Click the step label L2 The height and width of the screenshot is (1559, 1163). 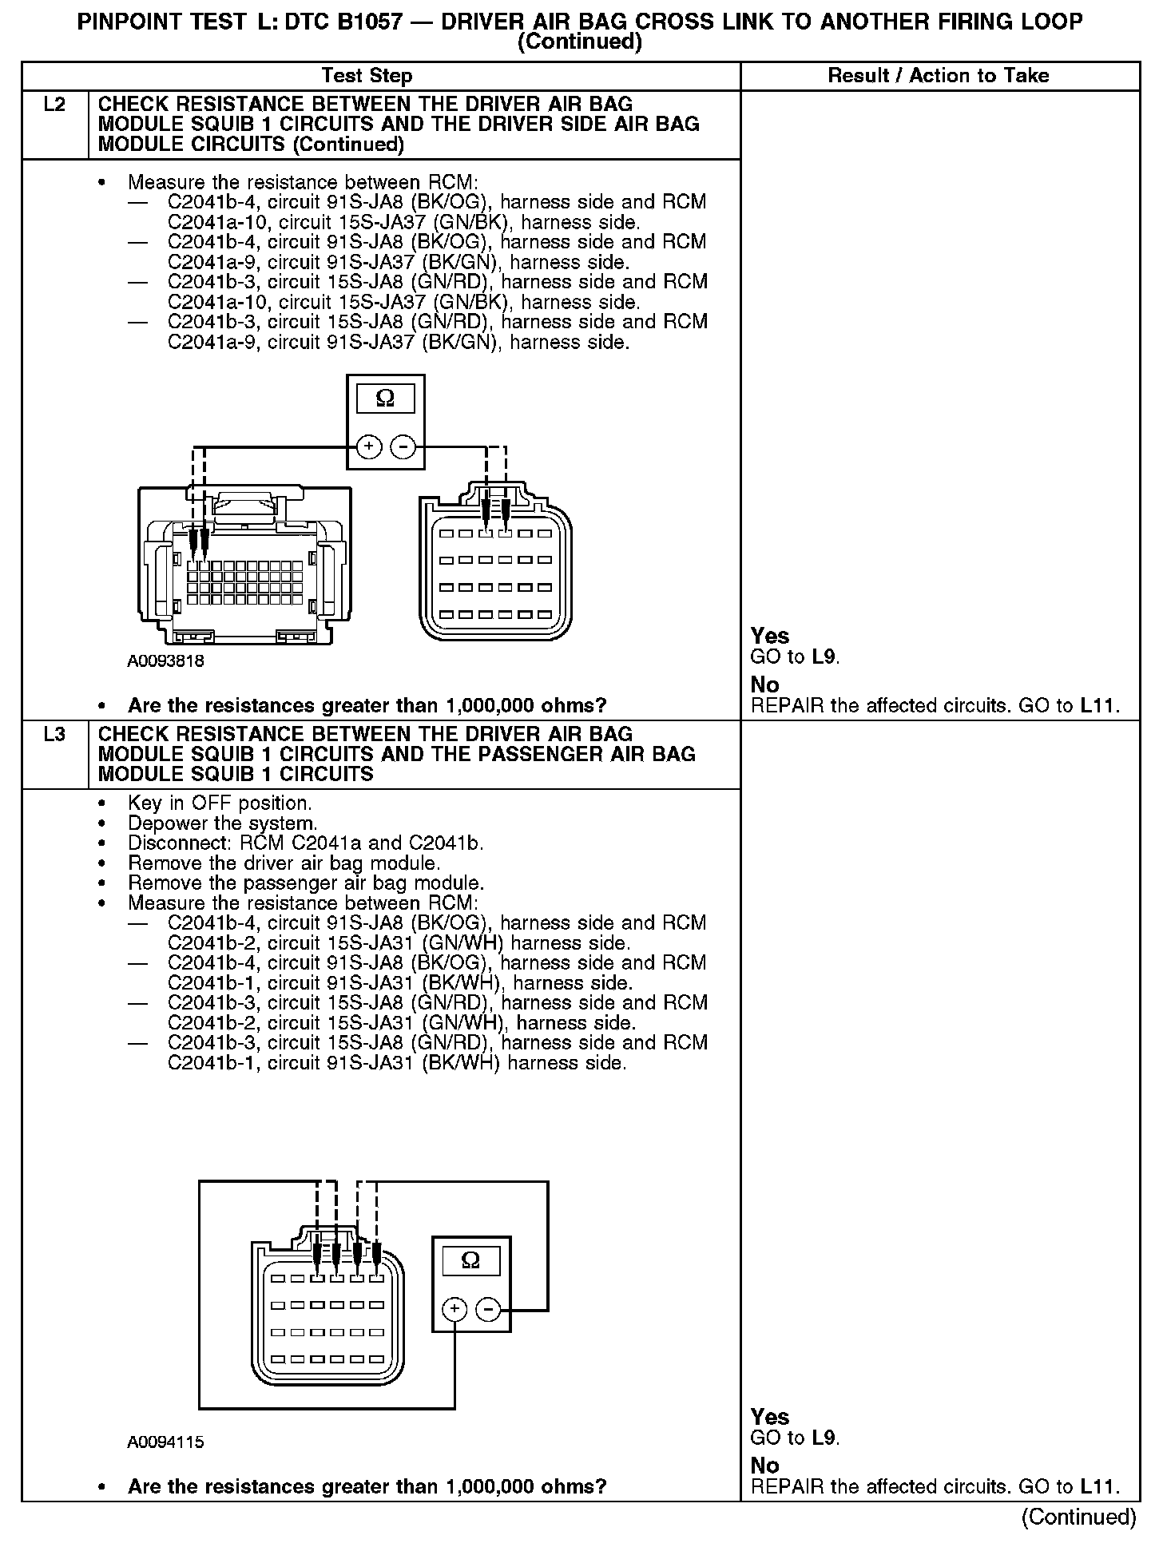click(x=54, y=105)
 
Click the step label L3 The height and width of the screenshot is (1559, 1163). click(x=54, y=734)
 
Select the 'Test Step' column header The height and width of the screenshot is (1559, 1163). click(x=367, y=76)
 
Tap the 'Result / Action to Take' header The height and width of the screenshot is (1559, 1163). click(x=939, y=76)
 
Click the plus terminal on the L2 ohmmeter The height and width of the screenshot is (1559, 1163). click(x=368, y=447)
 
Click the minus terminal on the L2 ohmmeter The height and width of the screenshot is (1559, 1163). click(x=403, y=447)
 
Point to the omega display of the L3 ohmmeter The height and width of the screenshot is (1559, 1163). click(x=471, y=1259)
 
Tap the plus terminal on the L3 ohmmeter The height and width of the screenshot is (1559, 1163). click(x=454, y=1308)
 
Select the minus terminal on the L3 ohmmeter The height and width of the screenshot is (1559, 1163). click(x=489, y=1308)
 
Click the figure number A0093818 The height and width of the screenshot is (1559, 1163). click(x=165, y=661)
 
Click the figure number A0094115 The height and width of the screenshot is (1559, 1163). click(x=165, y=1442)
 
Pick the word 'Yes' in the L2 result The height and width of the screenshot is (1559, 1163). click(x=770, y=636)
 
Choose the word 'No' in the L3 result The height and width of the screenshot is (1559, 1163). click(x=764, y=1466)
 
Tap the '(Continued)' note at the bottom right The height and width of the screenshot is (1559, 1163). click(x=1078, y=1517)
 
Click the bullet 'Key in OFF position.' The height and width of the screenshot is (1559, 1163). click(x=220, y=803)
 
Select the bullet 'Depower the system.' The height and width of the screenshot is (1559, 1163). click(x=222, y=823)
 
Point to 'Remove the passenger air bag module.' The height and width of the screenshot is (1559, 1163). click(x=306, y=883)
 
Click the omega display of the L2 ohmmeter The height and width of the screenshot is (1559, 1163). click(x=385, y=398)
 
